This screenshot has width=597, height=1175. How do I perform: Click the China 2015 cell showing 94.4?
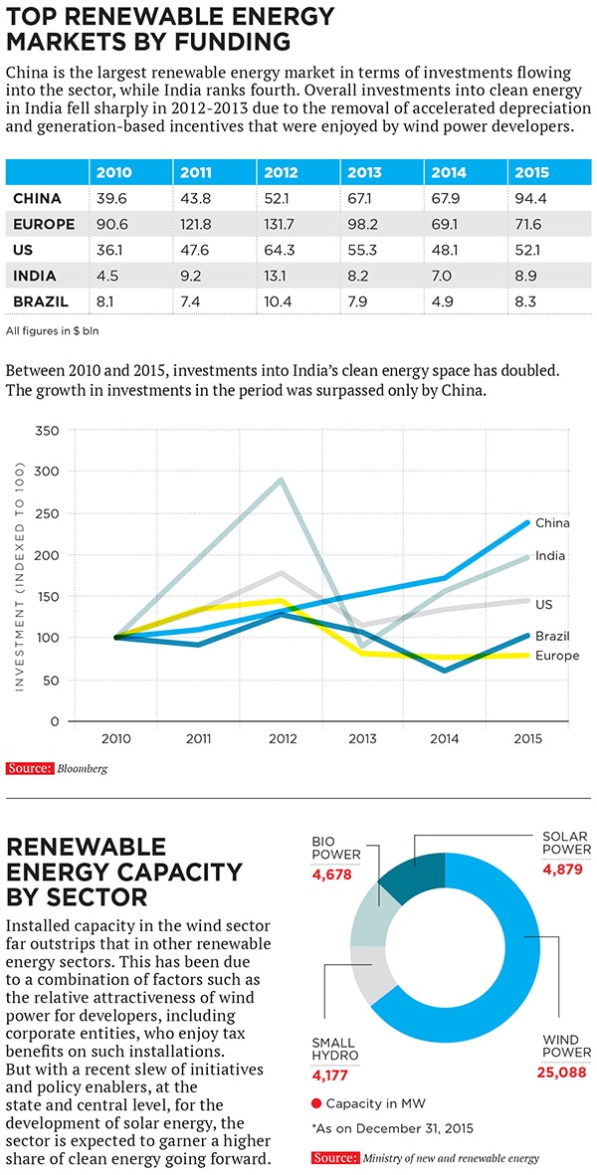[x=532, y=198]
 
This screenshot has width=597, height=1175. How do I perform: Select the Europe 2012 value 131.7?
[x=282, y=224]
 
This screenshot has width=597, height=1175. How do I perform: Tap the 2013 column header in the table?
[x=365, y=172]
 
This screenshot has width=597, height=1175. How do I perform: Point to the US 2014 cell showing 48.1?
[x=446, y=250]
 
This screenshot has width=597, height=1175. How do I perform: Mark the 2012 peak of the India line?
[x=282, y=481]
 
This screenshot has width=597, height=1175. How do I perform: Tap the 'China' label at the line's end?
[x=552, y=522]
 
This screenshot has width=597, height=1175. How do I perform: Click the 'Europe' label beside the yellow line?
[x=556, y=656]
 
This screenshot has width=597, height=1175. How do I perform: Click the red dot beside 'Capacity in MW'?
[x=315, y=1102]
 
